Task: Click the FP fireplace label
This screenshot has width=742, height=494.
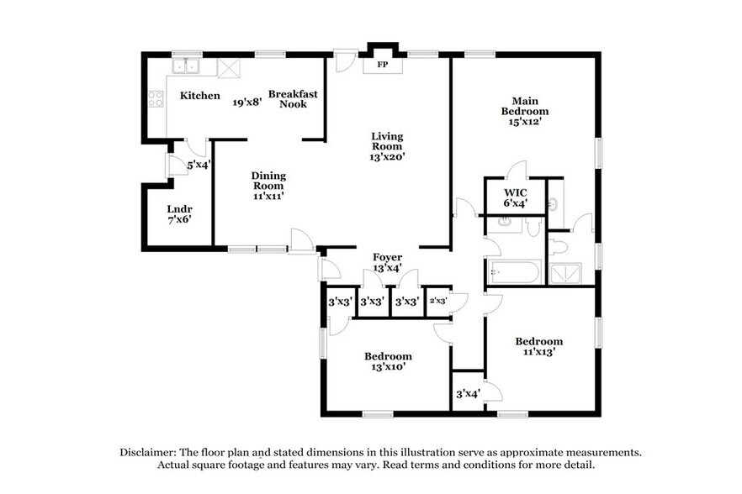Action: coord(382,65)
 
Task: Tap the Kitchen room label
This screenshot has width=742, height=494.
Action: coord(200,96)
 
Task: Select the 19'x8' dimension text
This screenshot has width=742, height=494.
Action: coord(247,102)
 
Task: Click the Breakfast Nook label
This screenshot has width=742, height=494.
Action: coord(293,99)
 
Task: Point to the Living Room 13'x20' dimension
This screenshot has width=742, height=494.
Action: coord(388,155)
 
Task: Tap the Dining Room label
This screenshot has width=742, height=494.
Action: coord(268,181)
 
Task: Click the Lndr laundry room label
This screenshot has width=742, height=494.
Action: coord(179,209)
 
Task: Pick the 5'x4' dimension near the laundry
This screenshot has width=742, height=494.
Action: coord(199,166)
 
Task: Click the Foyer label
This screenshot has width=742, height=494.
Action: coord(387,257)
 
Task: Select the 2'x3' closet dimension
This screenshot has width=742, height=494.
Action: coord(437,300)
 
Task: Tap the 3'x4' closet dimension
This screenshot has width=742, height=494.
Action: coord(467,393)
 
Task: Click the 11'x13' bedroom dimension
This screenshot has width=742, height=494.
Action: coord(538,353)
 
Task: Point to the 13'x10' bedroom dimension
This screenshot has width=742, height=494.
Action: coord(388,368)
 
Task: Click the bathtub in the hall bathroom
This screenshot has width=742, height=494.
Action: coord(514,272)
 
